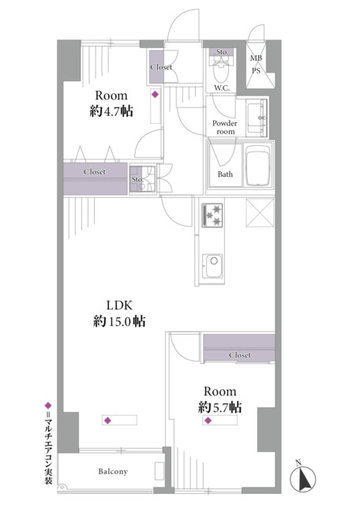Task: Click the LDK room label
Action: coord(119,305)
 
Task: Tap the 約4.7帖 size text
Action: coord(111,111)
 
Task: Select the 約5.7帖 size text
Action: coord(219,407)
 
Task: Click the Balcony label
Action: coord(113,471)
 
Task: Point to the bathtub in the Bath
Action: coord(257,166)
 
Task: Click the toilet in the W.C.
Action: coord(221,69)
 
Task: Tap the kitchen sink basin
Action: coord(212,266)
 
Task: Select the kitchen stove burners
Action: coord(212,215)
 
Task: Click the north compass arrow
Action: coord(303,480)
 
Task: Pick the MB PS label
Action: coord(257,64)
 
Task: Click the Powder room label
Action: coord(225,128)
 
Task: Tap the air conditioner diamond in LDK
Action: coord(107,421)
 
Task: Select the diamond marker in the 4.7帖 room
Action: coord(156,95)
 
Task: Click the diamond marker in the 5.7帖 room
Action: coord(208,421)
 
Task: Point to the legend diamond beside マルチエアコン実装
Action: coord(48,405)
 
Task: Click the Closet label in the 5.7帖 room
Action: coord(240,355)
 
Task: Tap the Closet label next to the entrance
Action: coord(161,67)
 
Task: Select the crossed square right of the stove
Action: coord(260,213)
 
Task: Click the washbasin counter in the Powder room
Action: coord(257,118)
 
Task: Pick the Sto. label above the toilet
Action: coord(222,52)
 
